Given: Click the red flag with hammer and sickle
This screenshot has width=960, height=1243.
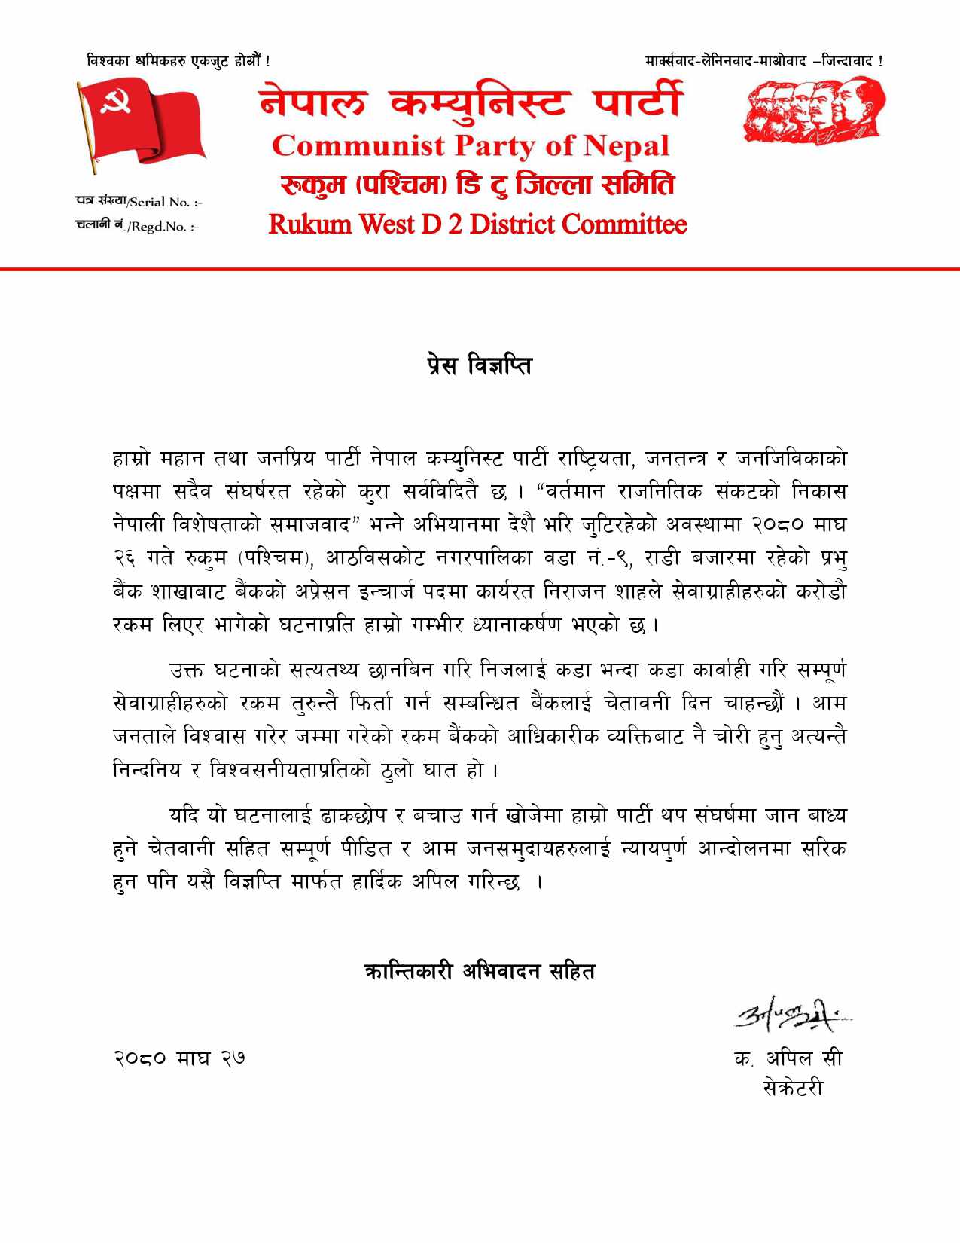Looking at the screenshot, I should (x=143, y=124).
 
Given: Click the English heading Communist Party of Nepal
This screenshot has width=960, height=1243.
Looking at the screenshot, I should (x=471, y=145).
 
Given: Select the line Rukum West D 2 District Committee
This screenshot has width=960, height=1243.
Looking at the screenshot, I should (x=477, y=224).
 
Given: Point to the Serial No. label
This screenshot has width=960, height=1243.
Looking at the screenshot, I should (x=139, y=202).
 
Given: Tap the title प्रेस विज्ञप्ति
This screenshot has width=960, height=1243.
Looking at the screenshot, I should (x=478, y=366).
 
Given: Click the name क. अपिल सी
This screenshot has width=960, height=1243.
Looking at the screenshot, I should (x=788, y=1058).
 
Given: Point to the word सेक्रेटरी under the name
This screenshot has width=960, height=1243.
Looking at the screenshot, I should (x=792, y=1088).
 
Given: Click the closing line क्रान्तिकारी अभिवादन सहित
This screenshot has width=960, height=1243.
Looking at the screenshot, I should (x=479, y=971).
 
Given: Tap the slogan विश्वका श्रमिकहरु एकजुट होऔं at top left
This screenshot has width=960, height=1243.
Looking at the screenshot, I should (x=178, y=60).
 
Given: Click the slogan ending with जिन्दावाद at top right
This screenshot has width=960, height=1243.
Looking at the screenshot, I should (x=764, y=60).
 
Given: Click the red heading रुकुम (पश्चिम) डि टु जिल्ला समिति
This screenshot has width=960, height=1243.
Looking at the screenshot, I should (x=477, y=185).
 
